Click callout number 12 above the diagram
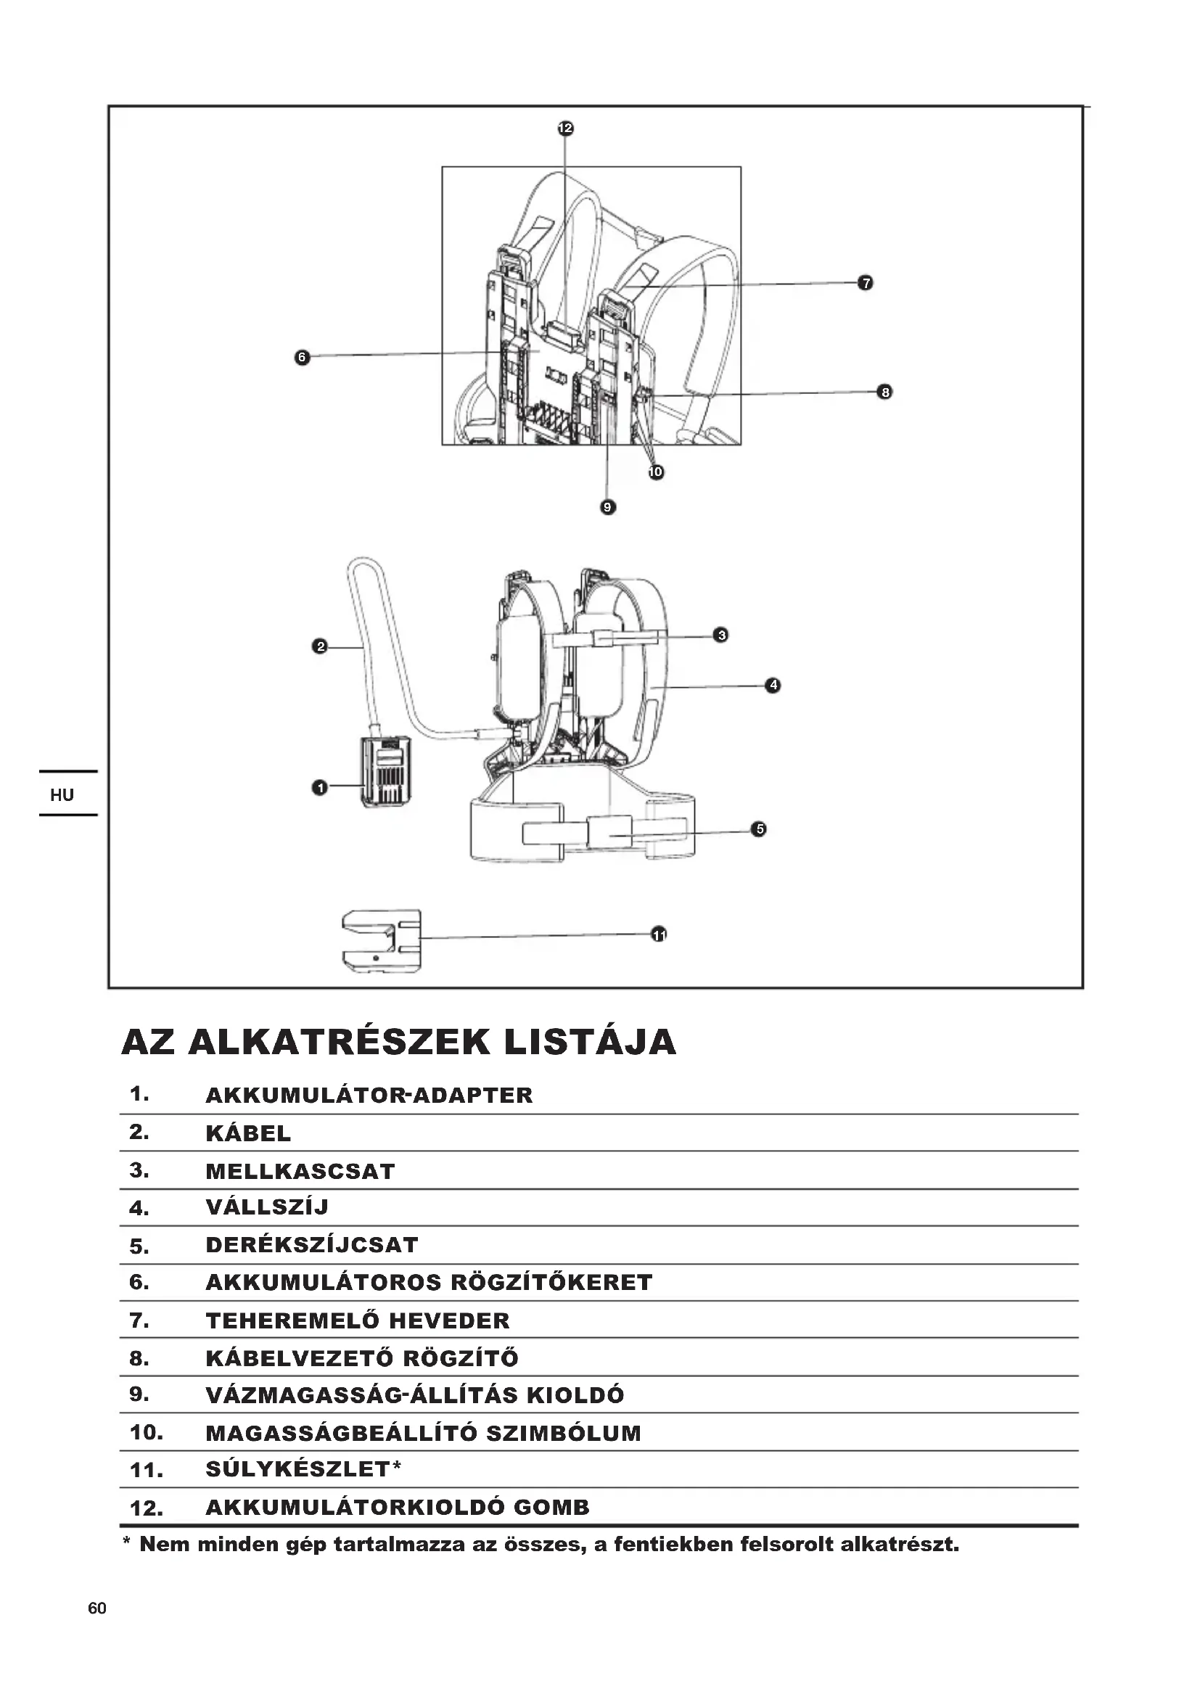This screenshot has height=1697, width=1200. pyautogui.click(x=564, y=128)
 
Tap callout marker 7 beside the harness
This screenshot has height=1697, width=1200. pyautogui.click(x=866, y=283)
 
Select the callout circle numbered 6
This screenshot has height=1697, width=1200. pyautogui.click(x=302, y=358)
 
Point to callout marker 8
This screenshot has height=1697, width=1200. pyautogui.click(x=884, y=392)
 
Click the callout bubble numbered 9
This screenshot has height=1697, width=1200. pyautogui.click(x=607, y=507)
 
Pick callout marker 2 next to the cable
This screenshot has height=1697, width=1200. pyautogui.click(x=320, y=646)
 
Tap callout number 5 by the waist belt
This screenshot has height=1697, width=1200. pyautogui.click(x=759, y=829)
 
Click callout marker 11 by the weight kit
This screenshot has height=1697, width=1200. pyautogui.click(x=658, y=935)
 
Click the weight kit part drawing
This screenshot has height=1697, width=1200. pyautogui.click(x=382, y=941)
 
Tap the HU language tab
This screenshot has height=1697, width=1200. pyautogui.click(x=62, y=795)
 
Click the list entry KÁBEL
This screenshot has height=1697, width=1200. pyautogui.click(x=248, y=1134)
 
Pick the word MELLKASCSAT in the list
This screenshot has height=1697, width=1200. pyautogui.click(x=300, y=1172)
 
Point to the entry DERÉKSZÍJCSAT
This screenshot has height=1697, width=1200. pyautogui.click(x=312, y=1245)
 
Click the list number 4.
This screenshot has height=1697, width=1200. pyautogui.click(x=139, y=1209)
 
